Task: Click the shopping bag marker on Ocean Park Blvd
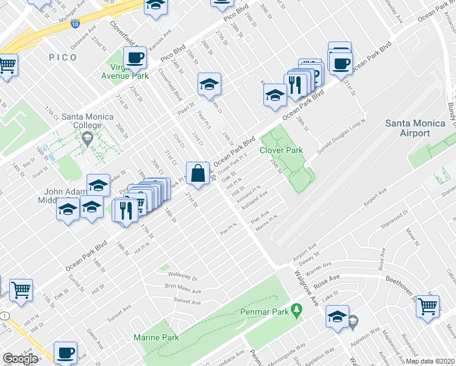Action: tap(199, 174)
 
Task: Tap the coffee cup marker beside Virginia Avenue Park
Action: tap(135, 59)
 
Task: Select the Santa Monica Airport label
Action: tap(416, 128)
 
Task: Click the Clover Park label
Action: tap(282, 150)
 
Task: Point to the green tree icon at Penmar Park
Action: tap(297, 311)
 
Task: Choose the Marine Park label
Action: tap(156, 337)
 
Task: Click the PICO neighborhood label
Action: tap(63, 57)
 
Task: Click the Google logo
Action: tap(20, 359)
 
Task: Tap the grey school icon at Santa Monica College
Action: tap(87, 140)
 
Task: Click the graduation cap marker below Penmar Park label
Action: tap(337, 317)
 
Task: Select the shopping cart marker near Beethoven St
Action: tap(428, 306)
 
